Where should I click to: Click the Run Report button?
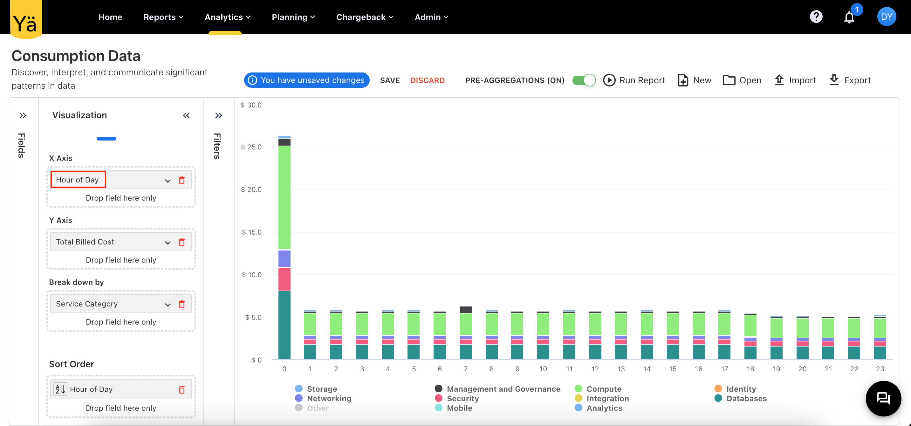(x=634, y=80)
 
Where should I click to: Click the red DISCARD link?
(x=427, y=80)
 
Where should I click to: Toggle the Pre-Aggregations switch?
(x=584, y=80)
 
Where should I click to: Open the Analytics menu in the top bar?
(x=227, y=17)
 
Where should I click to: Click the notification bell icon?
(x=849, y=17)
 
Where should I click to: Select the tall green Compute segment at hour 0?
(x=284, y=198)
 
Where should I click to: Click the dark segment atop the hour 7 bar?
(x=465, y=310)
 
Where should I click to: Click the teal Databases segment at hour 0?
(x=284, y=326)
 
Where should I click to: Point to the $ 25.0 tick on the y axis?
(x=251, y=147)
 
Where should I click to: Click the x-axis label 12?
(x=595, y=369)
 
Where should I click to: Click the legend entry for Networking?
(x=329, y=398)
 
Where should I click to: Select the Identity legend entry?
(x=741, y=389)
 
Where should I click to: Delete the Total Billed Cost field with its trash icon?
(x=182, y=242)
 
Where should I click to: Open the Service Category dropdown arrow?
(x=168, y=304)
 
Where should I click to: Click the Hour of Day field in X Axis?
(x=78, y=180)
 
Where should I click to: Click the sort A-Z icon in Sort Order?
(x=60, y=389)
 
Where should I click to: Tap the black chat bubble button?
(x=883, y=398)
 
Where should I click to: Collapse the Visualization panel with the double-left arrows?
(x=186, y=115)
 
